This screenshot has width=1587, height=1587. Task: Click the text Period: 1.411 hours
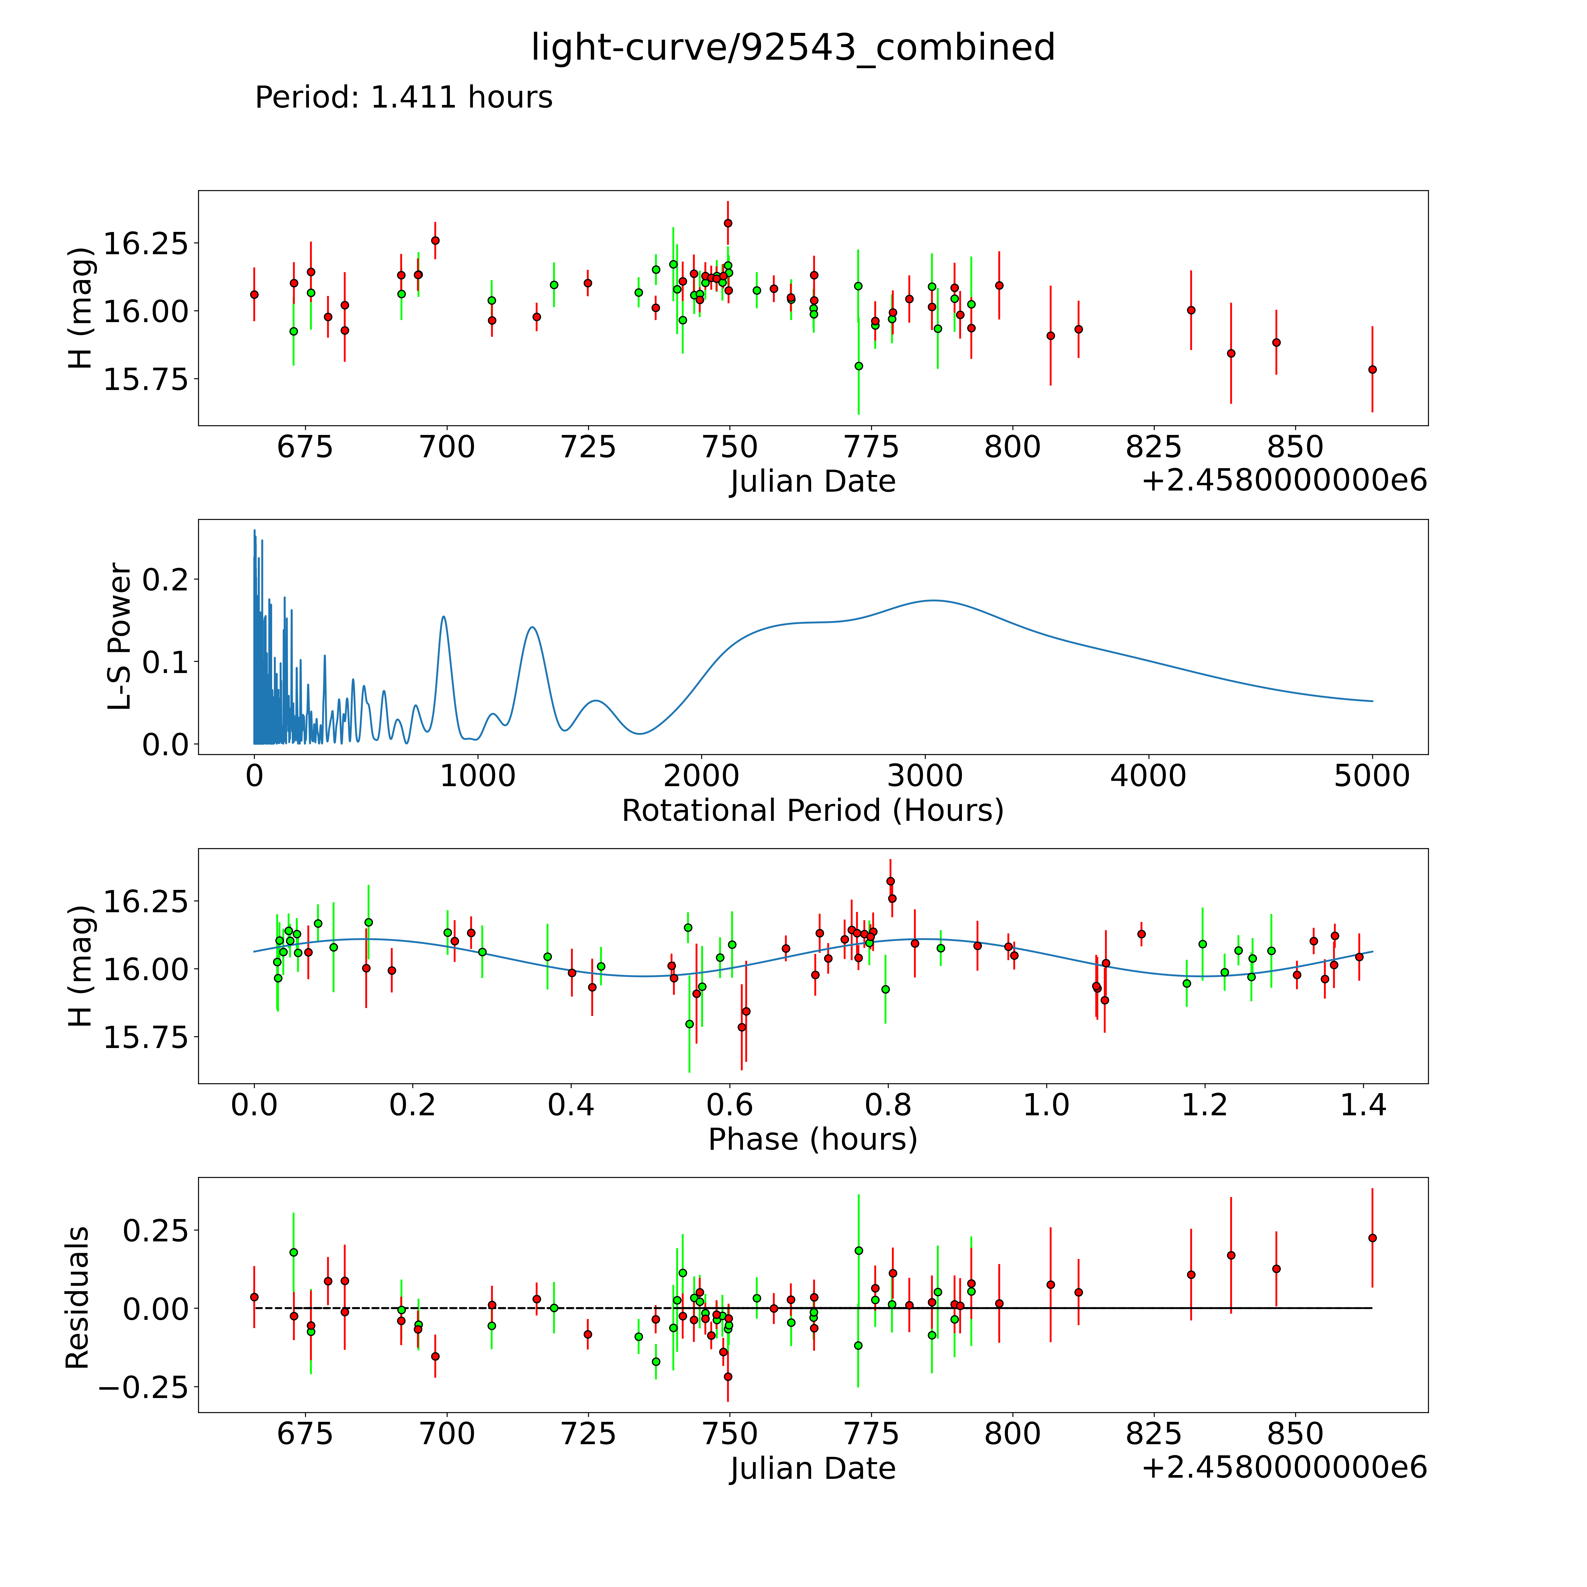click(x=403, y=98)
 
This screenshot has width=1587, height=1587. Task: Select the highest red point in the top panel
click(x=728, y=222)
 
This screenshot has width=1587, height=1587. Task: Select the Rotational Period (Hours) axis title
click(x=812, y=811)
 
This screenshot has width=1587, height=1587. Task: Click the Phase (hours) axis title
click(x=812, y=1139)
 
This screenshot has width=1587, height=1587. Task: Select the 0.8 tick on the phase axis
click(x=888, y=1105)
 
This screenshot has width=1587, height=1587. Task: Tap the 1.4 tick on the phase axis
click(x=1363, y=1105)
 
